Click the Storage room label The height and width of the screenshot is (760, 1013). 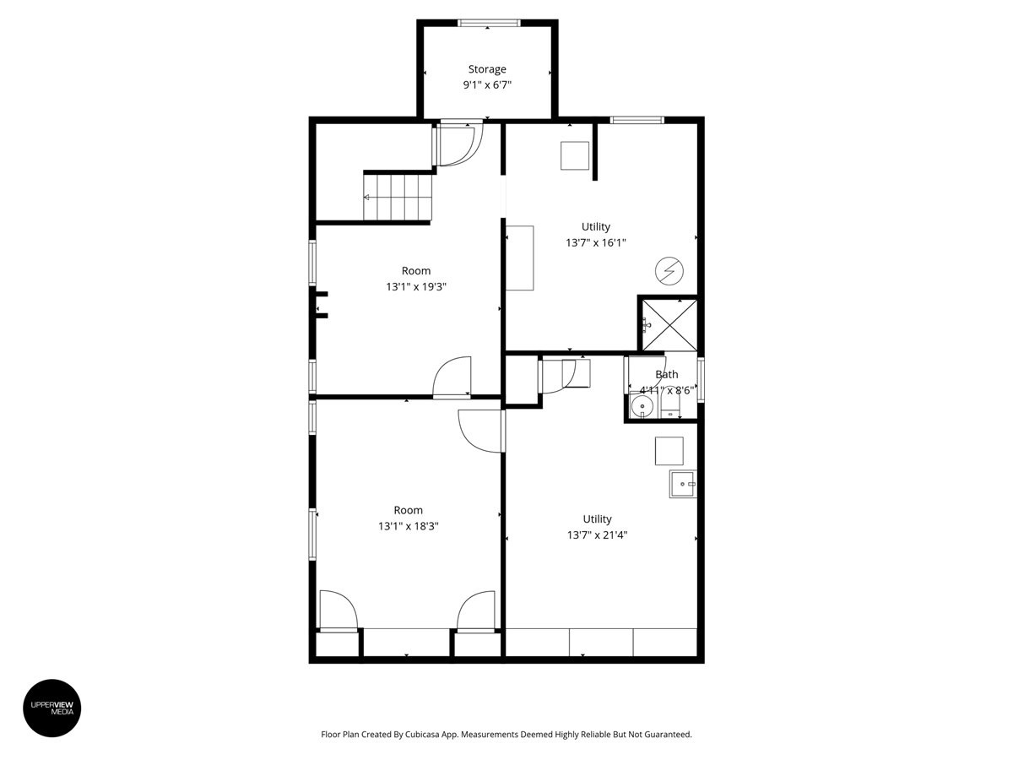[x=487, y=69]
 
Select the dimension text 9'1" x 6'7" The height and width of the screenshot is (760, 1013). [x=487, y=85]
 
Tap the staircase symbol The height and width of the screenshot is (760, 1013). [x=398, y=197]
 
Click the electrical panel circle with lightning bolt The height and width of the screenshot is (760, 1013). [x=669, y=271]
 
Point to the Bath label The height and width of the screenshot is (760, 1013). [x=666, y=375]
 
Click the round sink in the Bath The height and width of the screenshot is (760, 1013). [x=642, y=408]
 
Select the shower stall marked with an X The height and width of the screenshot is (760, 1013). [x=669, y=323]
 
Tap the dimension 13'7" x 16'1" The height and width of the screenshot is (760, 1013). [x=595, y=243]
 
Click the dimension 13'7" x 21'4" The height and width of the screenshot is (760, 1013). [x=597, y=535]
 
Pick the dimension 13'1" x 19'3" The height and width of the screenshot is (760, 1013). [x=415, y=287]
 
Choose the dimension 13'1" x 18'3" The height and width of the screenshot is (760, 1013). [x=408, y=526]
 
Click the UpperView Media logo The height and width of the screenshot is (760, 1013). [x=51, y=708]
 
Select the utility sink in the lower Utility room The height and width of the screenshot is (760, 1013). [x=682, y=484]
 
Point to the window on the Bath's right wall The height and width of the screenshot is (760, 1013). [x=701, y=381]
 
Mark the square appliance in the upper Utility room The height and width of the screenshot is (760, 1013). [x=575, y=156]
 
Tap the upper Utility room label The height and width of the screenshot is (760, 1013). [x=595, y=227]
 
